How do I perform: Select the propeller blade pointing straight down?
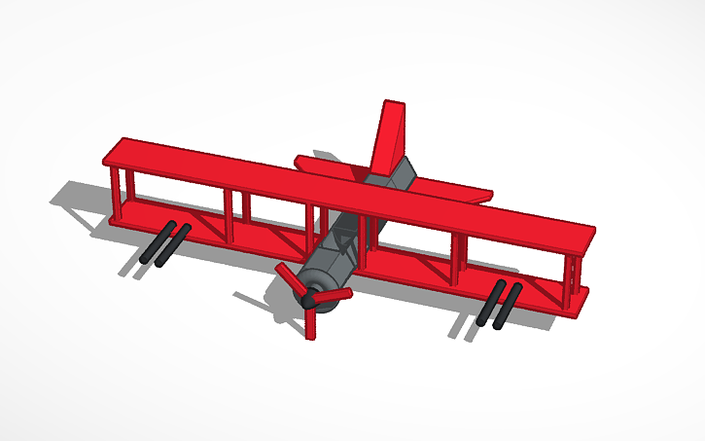click(311, 322)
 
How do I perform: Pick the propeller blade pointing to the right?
click(334, 294)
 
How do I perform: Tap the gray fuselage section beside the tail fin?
click(402, 175)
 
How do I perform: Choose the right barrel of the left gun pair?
click(171, 245)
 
